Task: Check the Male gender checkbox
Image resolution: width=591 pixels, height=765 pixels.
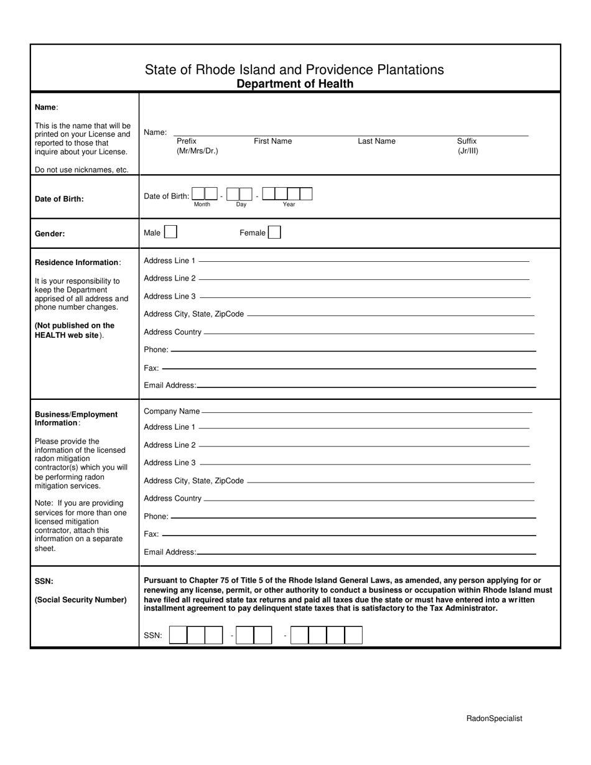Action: click(170, 233)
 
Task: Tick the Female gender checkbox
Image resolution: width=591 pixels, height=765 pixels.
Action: click(274, 233)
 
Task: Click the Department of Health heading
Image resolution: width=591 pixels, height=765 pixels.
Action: click(295, 84)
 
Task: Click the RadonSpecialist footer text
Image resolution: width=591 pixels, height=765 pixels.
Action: click(494, 718)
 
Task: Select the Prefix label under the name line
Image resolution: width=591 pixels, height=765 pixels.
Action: click(187, 141)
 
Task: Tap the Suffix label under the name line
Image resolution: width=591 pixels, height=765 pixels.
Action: click(467, 141)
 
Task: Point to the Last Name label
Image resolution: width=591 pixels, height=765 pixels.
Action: click(376, 141)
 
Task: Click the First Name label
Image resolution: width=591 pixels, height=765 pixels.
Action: click(272, 141)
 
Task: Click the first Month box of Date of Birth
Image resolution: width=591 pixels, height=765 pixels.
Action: click(198, 194)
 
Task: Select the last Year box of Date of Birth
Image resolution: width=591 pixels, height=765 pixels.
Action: click(306, 194)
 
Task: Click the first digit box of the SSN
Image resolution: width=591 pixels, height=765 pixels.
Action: click(178, 635)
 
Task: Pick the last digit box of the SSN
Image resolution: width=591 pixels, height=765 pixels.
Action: click(353, 635)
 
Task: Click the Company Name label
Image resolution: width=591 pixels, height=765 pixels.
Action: click(172, 411)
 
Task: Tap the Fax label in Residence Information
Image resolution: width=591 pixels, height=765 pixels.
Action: click(151, 368)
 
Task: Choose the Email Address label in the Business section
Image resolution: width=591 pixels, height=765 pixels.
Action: click(170, 552)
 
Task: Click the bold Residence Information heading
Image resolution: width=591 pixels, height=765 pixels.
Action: click(77, 262)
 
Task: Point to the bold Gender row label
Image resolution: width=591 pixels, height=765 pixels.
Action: click(50, 234)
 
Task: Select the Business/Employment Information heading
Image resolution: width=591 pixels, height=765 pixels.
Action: click(76, 419)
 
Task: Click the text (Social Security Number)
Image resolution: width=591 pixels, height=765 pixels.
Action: click(81, 600)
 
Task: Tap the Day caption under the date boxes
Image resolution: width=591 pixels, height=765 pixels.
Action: click(241, 205)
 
